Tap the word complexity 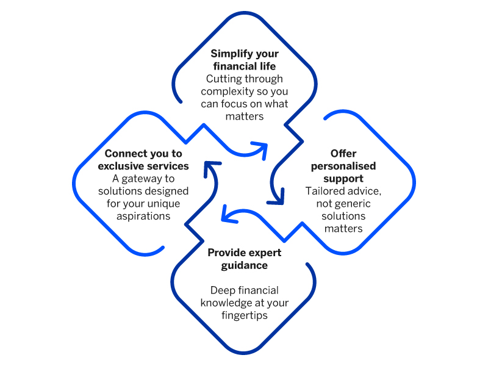click(219, 91)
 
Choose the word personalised click(343, 167)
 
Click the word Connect click(124, 154)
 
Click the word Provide click(225, 253)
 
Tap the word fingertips click(244, 315)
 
